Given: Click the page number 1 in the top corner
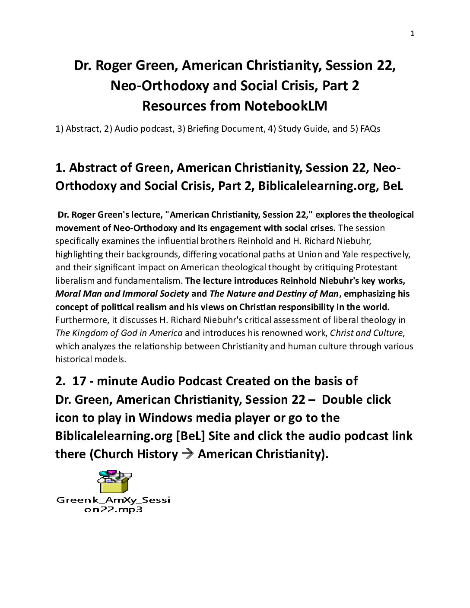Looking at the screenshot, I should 412,34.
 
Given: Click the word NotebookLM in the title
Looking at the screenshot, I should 286,106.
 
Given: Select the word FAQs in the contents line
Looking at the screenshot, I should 370,129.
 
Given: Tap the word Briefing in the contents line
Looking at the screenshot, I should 203,129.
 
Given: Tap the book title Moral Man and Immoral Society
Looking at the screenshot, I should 122,294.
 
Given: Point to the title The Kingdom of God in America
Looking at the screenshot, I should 119,333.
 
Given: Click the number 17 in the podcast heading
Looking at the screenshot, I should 79,381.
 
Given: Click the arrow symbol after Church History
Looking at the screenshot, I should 187,454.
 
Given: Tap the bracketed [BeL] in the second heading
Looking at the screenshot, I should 191,436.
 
